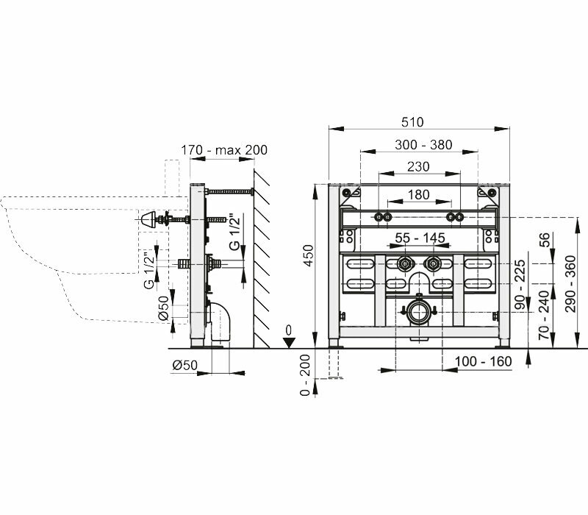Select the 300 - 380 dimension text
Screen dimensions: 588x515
[x=417, y=145]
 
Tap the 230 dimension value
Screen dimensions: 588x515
[x=417, y=167]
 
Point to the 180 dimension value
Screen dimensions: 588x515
[x=417, y=194]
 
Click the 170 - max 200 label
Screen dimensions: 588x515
[x=224, y=150]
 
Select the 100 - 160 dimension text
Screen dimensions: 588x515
[x=482, y=361]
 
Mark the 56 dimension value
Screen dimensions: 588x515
[x=545, y=240]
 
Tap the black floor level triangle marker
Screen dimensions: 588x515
[x=290, y=341]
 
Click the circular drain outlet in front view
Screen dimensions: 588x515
[x=418, y=312]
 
